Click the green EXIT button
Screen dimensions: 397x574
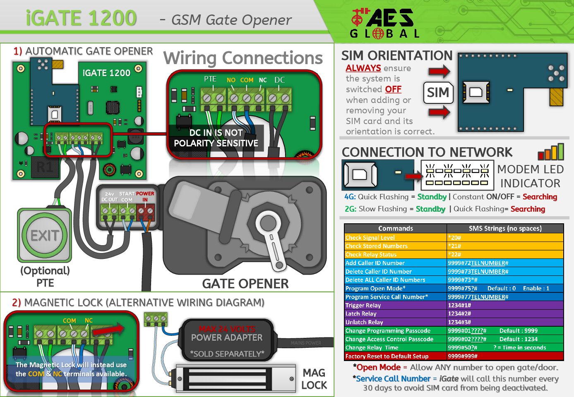(x=44, y=235)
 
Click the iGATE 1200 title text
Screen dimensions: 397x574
(x=81, y=19)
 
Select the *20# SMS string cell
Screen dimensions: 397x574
(x=505, y=237)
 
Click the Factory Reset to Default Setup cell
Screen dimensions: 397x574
(x=395, y=356)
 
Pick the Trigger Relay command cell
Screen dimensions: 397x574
(x=395, y=305)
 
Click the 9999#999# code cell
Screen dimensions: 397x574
(x=505, y=356)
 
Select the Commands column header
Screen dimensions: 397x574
(x=395, y=228)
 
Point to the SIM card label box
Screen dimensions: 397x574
(x=438, y=93)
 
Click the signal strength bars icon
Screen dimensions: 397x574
(x=551, y=152)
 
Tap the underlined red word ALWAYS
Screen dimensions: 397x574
(x=363, y=68)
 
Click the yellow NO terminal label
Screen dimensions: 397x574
(x=231, y=80)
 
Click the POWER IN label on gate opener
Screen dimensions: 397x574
(x=145, y=196)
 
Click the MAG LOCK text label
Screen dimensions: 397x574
(x=314, y=379)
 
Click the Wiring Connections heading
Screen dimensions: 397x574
(x=243, y=58)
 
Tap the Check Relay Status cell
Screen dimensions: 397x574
(x=395, y=254)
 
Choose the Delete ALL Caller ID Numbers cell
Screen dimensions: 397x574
(x=395, y=280)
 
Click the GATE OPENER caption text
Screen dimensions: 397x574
(x=245, y=284)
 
